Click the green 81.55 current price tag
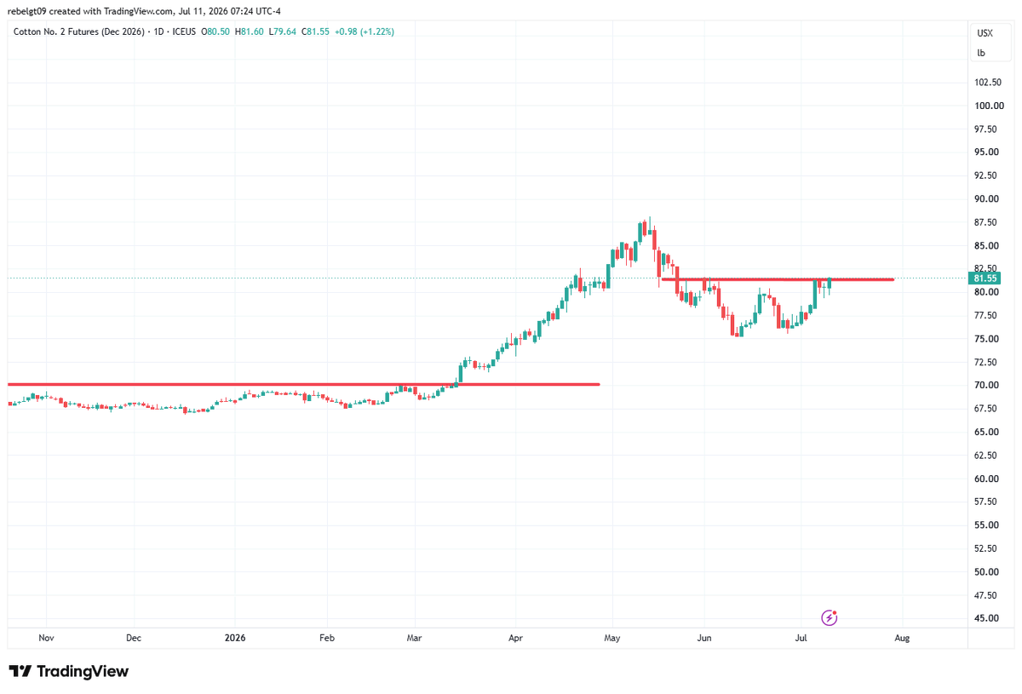(985, 278)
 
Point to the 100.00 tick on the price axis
(989, 106)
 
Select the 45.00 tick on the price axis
(986, 618)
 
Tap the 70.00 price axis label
(986, 385)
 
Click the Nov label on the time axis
(46, 638)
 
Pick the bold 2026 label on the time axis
(235, 638)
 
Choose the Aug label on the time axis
(902, 638)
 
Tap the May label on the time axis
(611, 638)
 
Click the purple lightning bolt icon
(829, 618)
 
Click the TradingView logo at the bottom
(69, 671)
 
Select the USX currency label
(985, 33)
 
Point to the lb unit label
(981, 53)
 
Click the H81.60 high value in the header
(249, 32)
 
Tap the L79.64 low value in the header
(283, 32)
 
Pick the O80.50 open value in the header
(215, 32)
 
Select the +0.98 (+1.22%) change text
(365, 32)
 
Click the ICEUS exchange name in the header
(184, 32)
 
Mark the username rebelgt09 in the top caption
(27, 11)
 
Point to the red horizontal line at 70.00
(304, 385)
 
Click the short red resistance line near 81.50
(778, 279)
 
